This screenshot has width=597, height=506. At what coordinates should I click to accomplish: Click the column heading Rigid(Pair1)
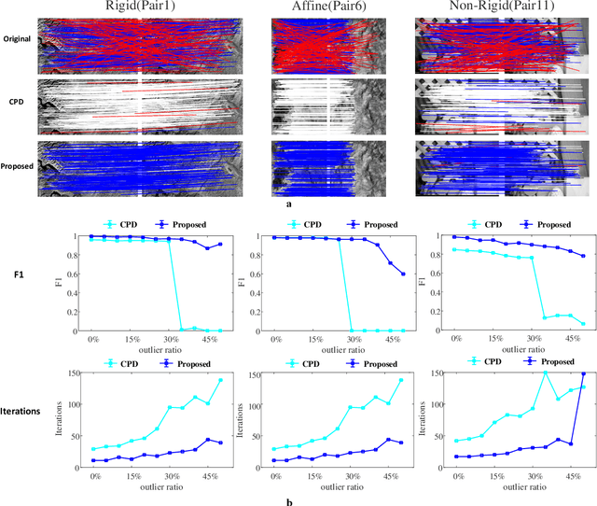pos(140,8)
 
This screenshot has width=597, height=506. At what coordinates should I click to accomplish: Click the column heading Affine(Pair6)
pos(326,8)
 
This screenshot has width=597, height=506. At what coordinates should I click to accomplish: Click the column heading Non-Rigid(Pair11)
pos(504,8)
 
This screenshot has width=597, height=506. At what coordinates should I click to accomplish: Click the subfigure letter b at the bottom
pos(288,501)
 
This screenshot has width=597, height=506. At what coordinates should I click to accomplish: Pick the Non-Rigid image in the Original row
pos(505,44)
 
